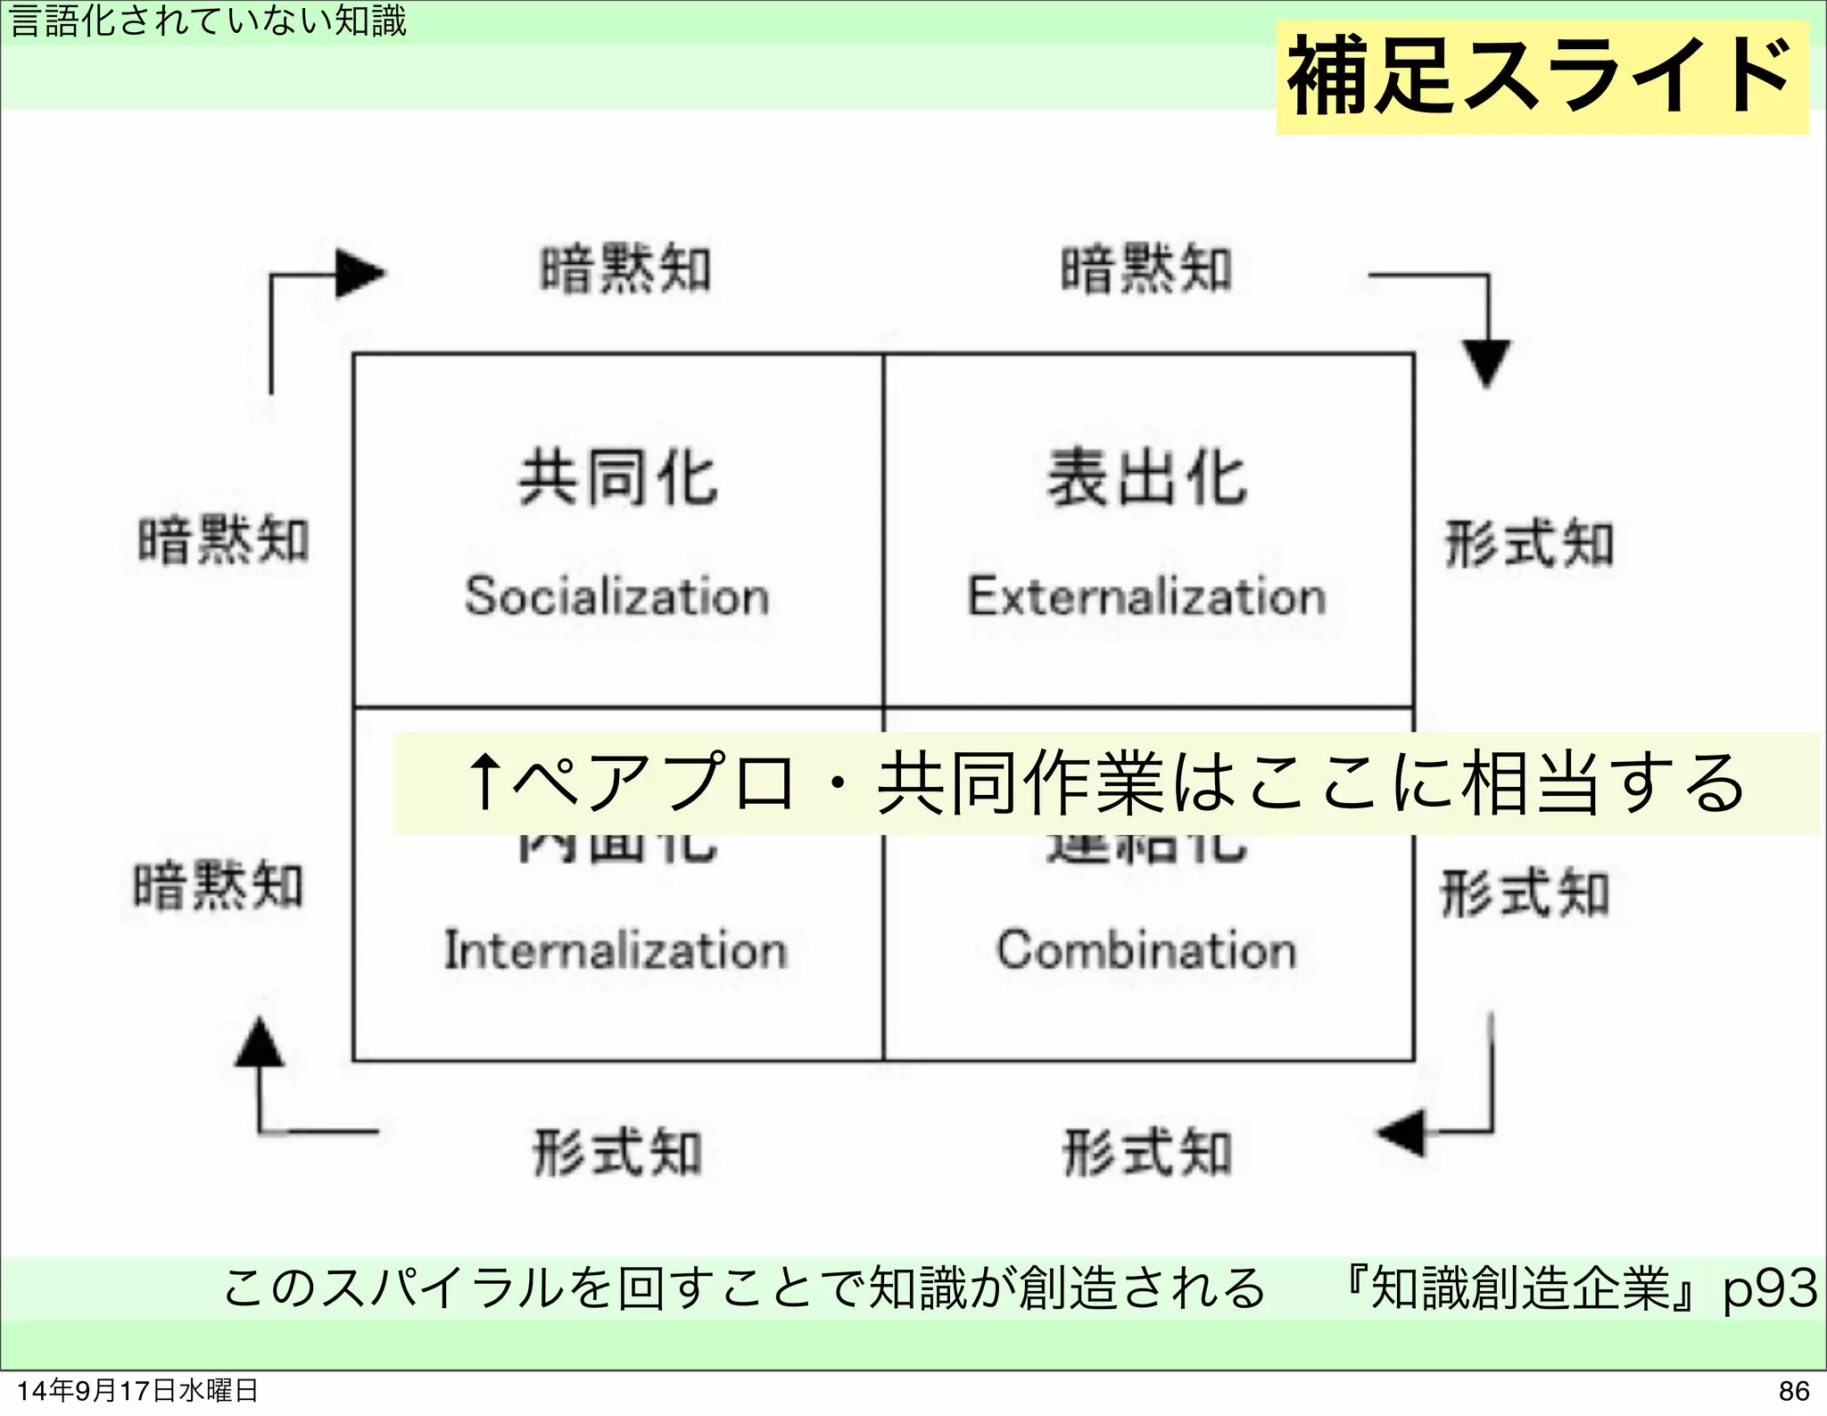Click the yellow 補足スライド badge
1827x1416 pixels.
(1542, 78)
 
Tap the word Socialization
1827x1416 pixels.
(616, 596)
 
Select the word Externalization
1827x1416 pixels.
(1147, 596)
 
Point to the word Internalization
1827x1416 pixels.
(616, 949)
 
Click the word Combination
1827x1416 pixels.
(1146, 949)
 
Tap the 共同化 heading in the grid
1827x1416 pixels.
(618, 479)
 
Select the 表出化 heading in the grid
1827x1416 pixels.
(1147, 479)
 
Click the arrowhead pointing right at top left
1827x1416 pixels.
(359, 273)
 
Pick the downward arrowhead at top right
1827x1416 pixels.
(1487, 362)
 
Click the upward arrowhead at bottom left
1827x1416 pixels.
(260, 1043)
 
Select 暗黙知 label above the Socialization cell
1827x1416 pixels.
(625, 269)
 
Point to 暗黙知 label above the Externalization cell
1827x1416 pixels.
(1146, 269)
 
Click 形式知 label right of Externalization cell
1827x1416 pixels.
(1529, 543)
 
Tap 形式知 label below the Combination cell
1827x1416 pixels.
(1146, 1152)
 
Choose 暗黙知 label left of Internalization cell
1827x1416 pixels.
(219, 886)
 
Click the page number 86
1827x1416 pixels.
(1793, 1391)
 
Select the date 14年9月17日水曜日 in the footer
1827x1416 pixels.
(137, 1391)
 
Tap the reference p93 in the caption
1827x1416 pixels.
(1769, 1288)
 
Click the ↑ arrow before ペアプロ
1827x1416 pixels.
(485, 782)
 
